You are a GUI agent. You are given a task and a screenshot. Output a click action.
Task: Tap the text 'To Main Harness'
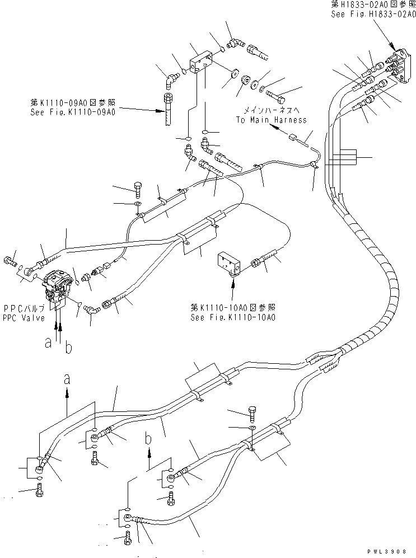tap(271, 120)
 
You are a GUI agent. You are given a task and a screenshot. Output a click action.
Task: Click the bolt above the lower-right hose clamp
tap(251, 414)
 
